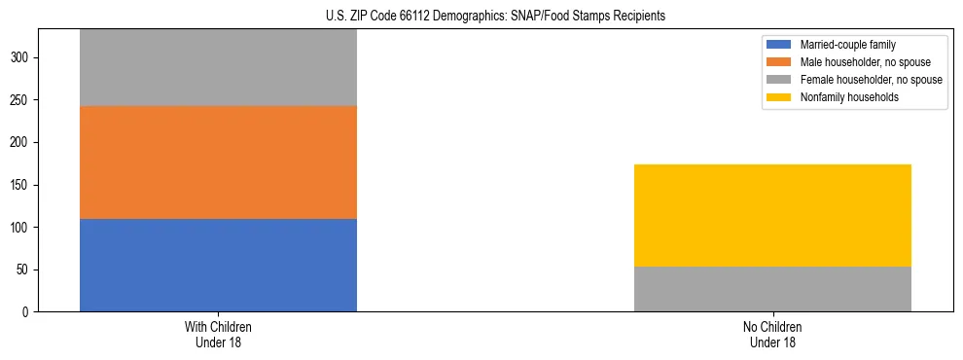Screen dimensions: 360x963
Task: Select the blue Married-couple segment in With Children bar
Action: point(218,265)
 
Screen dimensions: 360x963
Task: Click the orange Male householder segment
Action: point(218,162)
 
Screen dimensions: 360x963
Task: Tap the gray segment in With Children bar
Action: point(218,68)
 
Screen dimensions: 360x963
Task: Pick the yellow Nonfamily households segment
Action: point(772,215)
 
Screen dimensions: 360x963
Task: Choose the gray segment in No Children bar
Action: point(772,289)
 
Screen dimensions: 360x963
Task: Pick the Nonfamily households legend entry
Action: point(844,97)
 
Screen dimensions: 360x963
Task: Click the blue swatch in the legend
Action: point(779,45)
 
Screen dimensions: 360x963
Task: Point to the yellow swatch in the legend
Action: point(779,97)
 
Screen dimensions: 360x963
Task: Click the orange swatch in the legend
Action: point(779,62)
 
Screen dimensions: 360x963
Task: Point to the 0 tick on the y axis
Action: point(28,312)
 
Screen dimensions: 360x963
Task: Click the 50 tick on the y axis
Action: point(25,270)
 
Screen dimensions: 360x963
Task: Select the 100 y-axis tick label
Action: point(22,228)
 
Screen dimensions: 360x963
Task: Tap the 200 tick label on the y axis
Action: point(22,143)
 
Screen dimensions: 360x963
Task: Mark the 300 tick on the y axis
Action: point(22,58)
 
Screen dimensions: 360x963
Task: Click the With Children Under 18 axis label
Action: point(218,334)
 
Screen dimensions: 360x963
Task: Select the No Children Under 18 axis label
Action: point(772,334)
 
